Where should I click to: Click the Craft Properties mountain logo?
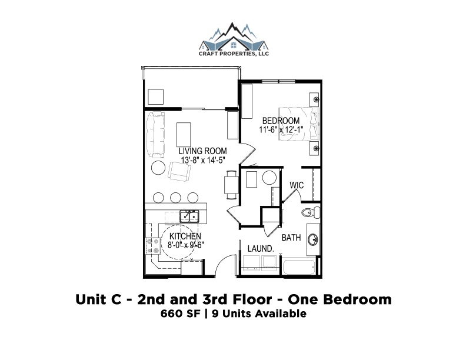click(x=234, y=39)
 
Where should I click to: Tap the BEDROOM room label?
click(x=281, y=121)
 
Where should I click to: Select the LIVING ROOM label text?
click(x=202, y=151)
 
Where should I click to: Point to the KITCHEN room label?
click(x=185, y=236)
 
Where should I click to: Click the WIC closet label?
click(x=297, y=185)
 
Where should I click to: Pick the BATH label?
click(x=291, y=238)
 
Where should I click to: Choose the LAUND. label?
click(x=261, y=249)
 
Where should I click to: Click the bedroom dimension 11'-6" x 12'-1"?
click(x=281, y=129)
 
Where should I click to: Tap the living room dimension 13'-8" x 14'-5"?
click(x=203, y=160)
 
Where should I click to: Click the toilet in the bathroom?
click(x=311, y=212)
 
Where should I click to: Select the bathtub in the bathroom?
click(x=299, y=267)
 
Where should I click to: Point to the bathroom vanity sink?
click(x=312, y=239)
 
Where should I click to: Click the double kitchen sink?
click(x=189, y=216)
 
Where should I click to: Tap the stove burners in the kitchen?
click(x=153, y=246)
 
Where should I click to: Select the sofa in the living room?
click(x=155, y=135)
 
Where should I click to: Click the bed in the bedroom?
click(x=299, y=124)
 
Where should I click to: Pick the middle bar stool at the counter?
click(x=176, y=198)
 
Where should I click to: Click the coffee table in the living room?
click(x=184, y=135)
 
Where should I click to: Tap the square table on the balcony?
click(x=156, y=97)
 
